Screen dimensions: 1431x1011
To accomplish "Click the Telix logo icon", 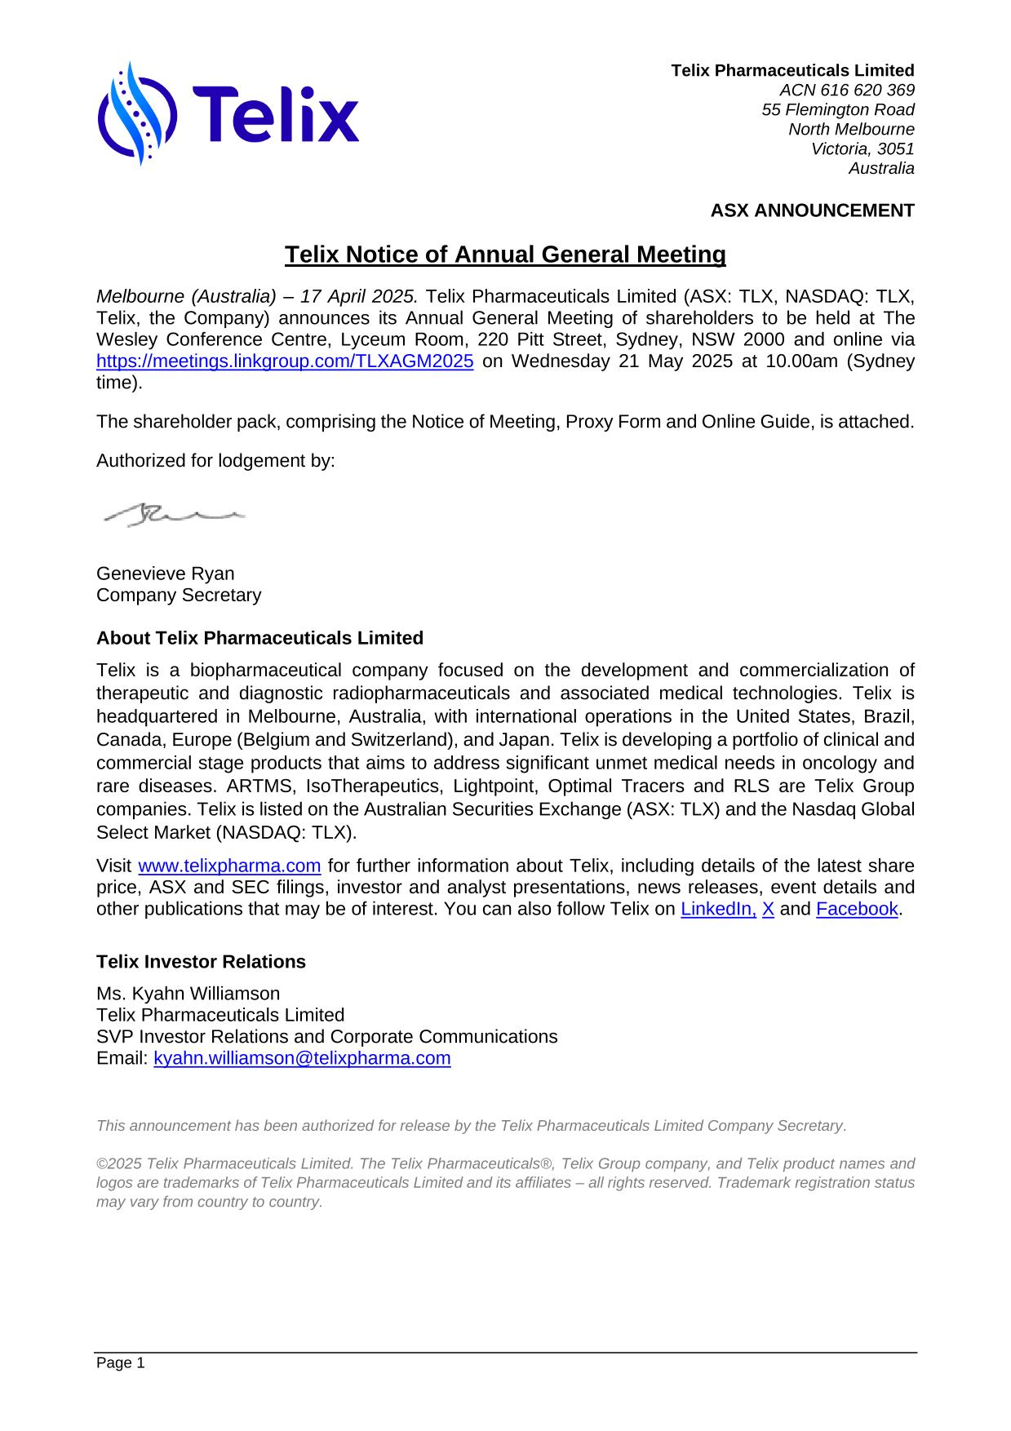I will click(136, 114).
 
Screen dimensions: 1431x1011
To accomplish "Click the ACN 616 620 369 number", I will click(846, 90).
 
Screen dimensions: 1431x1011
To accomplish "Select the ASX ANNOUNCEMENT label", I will click(812, 210).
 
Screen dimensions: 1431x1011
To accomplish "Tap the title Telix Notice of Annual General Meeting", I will click(505, 255).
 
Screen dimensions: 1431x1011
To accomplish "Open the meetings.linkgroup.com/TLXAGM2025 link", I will click(285, 361).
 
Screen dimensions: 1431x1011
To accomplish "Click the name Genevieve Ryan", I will click(166, 574).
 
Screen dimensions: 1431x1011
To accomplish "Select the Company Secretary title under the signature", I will click(179, 595).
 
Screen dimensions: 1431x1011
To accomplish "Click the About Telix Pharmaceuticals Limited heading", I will click(259, 638).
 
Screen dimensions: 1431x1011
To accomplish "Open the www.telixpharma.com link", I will click(229, 866).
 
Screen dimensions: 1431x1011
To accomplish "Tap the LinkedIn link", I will click(718, 909).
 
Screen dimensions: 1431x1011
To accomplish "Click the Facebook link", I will click(856, 909).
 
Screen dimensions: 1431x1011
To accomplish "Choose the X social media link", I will click(768, 909).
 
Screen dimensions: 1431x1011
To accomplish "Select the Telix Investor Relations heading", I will click(201, 962).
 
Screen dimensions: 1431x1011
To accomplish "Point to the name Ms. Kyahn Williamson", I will click(188, 994).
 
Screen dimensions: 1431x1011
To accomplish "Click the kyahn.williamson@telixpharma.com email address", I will click(302, 1058).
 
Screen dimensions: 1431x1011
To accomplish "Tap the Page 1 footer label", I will click(120, 1363).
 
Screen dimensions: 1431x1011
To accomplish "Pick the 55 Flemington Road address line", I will click(837, 109).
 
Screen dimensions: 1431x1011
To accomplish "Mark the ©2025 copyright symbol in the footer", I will click(101, 1164).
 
